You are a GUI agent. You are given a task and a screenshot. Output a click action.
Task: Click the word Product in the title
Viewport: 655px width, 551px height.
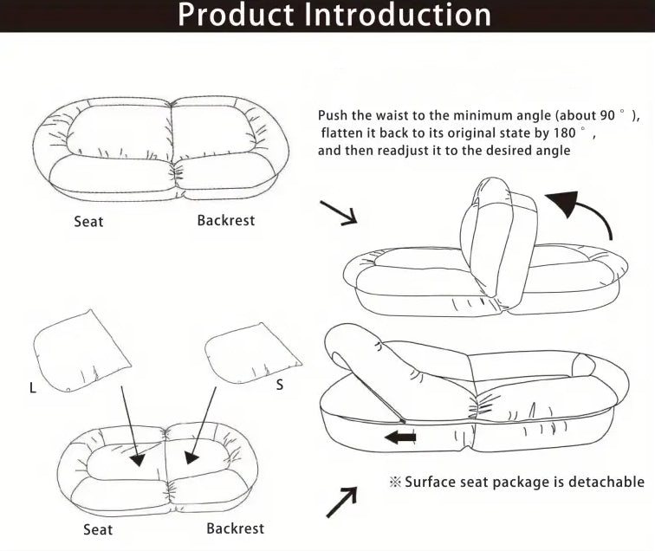click(x=231, y=15)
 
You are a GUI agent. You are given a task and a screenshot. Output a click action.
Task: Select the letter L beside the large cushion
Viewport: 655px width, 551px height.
click(x=33, y=388)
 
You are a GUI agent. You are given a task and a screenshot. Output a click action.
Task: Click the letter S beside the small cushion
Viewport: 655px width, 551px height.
click(x=279, y=385)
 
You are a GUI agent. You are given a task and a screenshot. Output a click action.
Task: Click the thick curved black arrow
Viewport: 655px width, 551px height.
click(x=584, y=211)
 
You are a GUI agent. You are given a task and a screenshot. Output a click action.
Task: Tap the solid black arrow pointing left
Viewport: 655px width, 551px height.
click(x=400, y=438)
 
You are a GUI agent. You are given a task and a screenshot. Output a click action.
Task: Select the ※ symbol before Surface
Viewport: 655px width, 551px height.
click(x=395, y=483)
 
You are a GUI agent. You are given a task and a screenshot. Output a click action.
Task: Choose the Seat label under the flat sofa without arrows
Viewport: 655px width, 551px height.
click(x=88, y=222)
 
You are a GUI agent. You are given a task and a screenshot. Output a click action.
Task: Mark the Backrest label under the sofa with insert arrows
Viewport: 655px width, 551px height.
click(x=235, y=528)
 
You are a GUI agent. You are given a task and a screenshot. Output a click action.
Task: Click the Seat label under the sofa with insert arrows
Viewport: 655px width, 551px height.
click(x=98, y=529)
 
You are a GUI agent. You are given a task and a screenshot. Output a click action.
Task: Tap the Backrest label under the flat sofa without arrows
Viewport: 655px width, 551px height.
click(x=225, y=220)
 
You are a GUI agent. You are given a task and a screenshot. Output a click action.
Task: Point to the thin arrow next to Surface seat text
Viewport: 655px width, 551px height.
click(x=341, y=502)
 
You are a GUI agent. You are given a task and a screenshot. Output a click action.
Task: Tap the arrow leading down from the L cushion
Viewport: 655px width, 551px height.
click(x=129, y=425)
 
